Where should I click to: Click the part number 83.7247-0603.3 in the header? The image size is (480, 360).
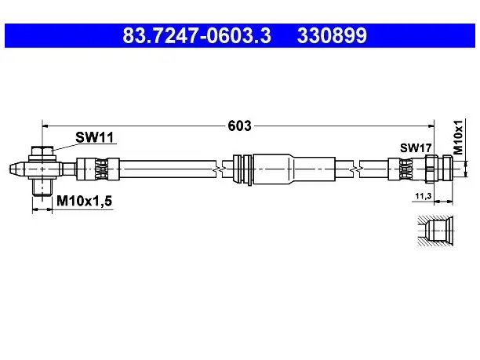pyautogui.click(x=197, y=35)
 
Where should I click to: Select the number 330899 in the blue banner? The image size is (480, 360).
pyautogui.click(x=332, y=35)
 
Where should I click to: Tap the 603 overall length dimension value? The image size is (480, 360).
pyautogui.click(x=239, y=125)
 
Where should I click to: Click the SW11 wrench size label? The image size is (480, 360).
pyautogui.click(x=95, y=137)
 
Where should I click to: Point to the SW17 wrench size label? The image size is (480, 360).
pyautogui.click(x=416, y=148)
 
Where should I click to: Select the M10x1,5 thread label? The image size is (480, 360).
pyautogui.click(x=85, y=201)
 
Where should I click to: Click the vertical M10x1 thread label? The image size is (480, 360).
pyautogui.click(x=458, y=137)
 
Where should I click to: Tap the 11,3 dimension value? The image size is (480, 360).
pyautogui.click(x=424, y=195)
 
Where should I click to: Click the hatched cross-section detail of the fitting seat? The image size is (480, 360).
pyautogui.click(x=435, y=231)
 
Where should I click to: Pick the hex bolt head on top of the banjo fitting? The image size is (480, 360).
pyautogui.click(x=42, y=151)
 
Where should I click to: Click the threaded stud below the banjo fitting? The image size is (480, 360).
pyautogui.click(x=42, y=187)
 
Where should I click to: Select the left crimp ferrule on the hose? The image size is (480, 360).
pyautogui.click(x=98, y=169)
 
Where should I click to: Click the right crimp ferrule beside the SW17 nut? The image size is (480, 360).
pyautogui.click(x=406, y=169)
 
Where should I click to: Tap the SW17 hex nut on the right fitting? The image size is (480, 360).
pyautogui.click(x=431, y=169)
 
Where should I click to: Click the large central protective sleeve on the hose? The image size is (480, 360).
pyautogui.click(x=294, y=169)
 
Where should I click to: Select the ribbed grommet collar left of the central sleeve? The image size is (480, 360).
pyautogui.click(x=243, y=169)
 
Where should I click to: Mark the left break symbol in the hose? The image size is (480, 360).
pyautogui.click(x=219, y=169)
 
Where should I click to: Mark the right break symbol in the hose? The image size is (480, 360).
pyautogui.click(x=356, y=169)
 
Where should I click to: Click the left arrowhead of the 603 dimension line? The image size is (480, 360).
pyautogui.click(x=45, y=125)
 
